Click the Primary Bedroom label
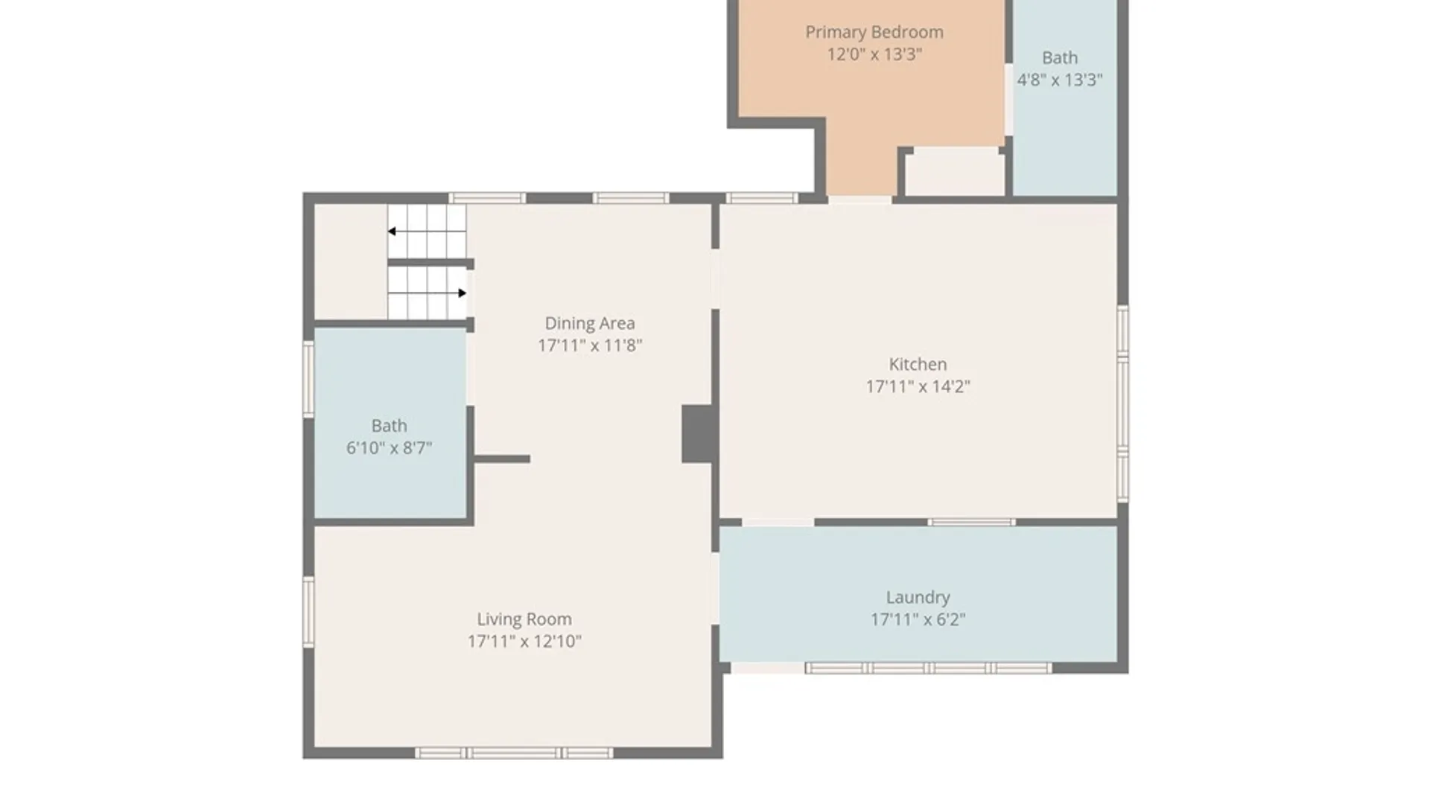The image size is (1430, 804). tap(874, 32)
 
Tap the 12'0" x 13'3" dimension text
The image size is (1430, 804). tap(874, 54)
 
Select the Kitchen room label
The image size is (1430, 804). tap(918, 364)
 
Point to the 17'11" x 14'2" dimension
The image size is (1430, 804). tap(918, 386)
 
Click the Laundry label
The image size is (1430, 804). tap(918, 597)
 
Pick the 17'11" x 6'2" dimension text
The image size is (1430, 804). tap(918, 619)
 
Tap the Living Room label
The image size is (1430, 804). tap(524, 619)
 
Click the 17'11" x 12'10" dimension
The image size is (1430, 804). tap(524, 642)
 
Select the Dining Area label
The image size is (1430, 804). tap(590, 323)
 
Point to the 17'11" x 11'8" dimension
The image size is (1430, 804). tap(590, 345)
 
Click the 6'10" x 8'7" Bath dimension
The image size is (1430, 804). tap(389, 448)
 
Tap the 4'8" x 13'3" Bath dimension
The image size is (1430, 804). tap(1060, 80)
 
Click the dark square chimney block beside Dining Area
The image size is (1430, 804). tap(699, 434)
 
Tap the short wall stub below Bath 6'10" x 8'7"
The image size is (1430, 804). tap(502, 459)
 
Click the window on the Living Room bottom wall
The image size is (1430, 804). tap(514, 753)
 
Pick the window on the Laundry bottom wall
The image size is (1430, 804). tap(928, 669)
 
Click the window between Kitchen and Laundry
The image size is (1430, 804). tap(971, 523)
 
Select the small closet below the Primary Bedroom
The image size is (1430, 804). tap(954, 173)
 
